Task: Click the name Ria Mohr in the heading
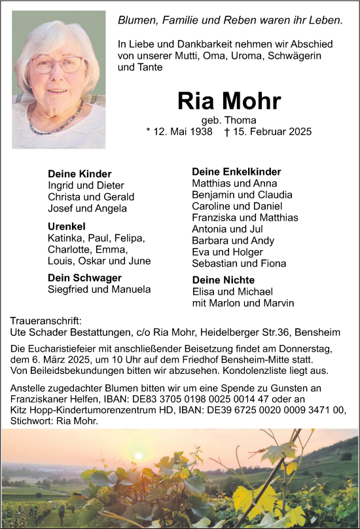click(x=229, y=101)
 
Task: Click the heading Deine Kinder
click(x=80, y=174)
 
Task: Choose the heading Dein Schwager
click(x=84, y=278)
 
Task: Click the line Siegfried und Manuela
click(x=99, y=289)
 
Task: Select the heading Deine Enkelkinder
click(x=236, y=172)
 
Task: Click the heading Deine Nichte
click(x=223, y=280)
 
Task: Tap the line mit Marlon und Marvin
click(x=243, y=303)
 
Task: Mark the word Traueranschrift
click(x=46, y=321)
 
